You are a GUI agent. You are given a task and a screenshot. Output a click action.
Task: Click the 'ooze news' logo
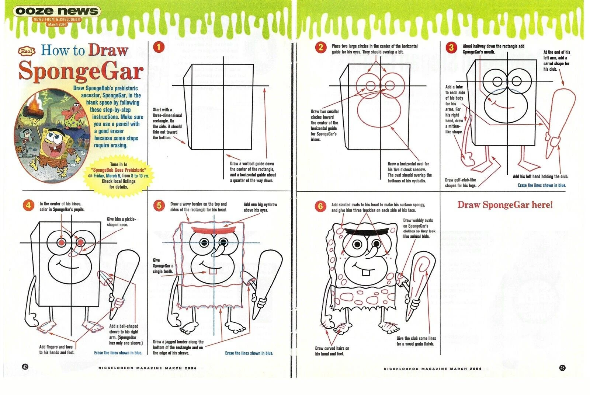tap(57, 11)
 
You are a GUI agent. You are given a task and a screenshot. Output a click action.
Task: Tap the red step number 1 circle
tap(159, 47)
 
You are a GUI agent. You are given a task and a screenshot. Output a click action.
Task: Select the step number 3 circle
tap(451, 48)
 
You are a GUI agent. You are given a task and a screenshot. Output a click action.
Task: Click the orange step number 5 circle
tap(159, 206)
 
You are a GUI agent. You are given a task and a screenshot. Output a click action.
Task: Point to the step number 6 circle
tap(320, 206)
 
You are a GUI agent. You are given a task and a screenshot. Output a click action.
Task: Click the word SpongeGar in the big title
tap(81, 70)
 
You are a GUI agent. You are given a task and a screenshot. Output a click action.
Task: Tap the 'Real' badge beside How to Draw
tap(27, 51)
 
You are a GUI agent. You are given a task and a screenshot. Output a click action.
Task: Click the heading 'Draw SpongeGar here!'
tap(505, 205)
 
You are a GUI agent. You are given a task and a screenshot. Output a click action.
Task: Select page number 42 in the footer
tap(25, 367)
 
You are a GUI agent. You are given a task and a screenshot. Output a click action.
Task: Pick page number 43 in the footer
tap(562, 368)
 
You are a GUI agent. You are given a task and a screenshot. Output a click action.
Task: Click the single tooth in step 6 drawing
tap(365, 272)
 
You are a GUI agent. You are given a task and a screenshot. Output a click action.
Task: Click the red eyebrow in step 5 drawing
tap(214, 230)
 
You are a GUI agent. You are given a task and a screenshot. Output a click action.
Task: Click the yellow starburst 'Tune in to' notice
tap(119, 175)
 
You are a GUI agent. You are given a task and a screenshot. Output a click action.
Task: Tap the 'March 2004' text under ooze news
tap(57, 24)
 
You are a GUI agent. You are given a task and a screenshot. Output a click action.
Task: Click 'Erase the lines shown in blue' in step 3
tap(542, 185)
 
